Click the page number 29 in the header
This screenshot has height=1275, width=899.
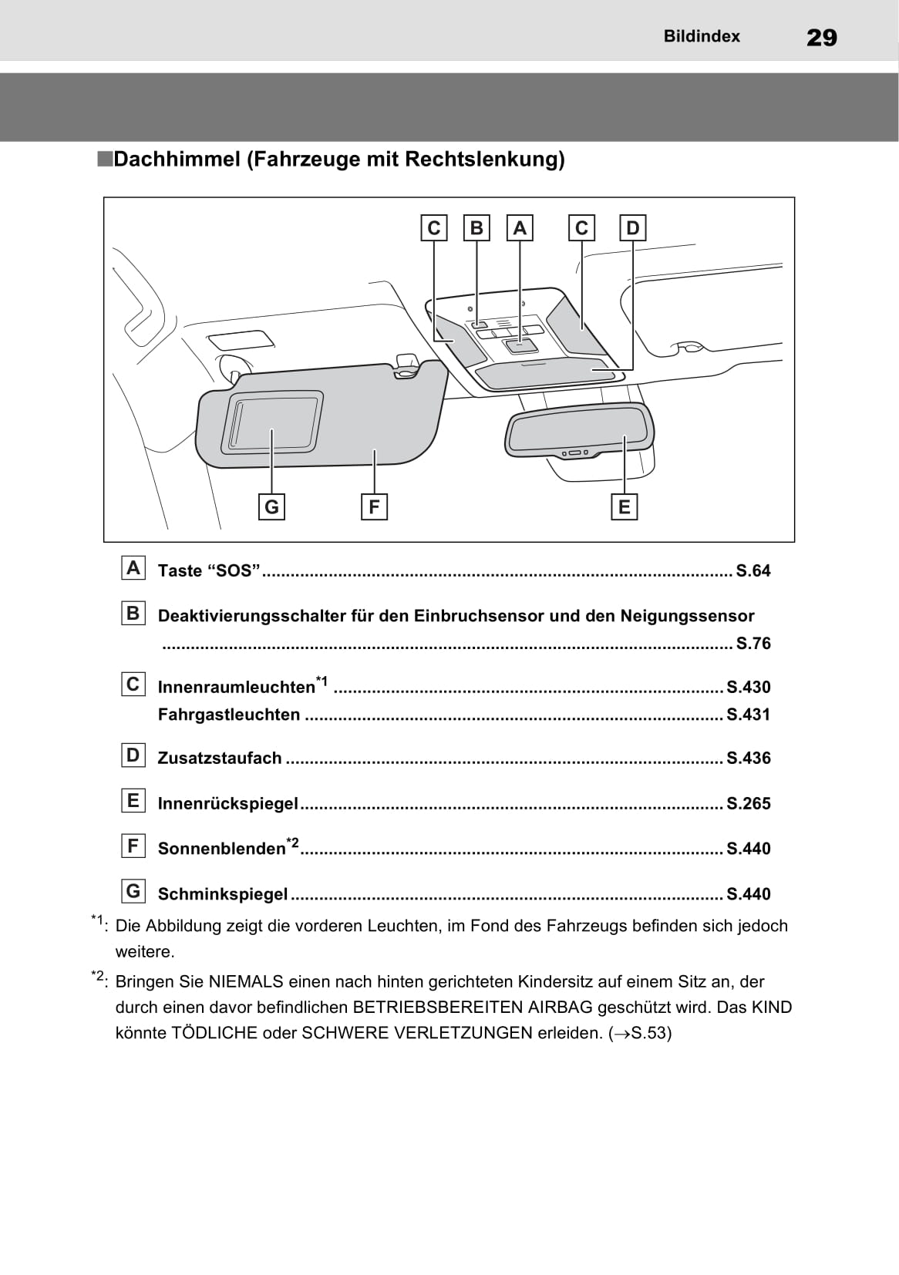[821, 38]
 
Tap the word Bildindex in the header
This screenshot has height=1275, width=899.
[702, 36]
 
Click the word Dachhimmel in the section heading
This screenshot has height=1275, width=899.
[177, 160]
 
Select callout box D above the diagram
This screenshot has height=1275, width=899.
[632, 228]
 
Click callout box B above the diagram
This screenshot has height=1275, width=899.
[476, 228]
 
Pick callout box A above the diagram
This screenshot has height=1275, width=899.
[520, 228]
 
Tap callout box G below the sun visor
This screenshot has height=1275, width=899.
[271, 507]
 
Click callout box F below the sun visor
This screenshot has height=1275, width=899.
[374, 507]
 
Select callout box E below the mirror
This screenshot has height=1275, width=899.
[624, 507]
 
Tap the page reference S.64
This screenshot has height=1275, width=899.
[753, 571]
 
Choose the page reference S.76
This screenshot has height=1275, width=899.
[753, 644]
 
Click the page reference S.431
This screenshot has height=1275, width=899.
[748, 715]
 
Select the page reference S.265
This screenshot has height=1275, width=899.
[748, 804]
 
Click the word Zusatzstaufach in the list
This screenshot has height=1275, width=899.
[220, 759]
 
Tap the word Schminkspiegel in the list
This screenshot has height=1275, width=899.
[223, 894]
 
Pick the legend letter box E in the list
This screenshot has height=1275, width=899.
[133, 801]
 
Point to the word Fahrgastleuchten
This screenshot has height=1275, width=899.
[229, 715]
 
